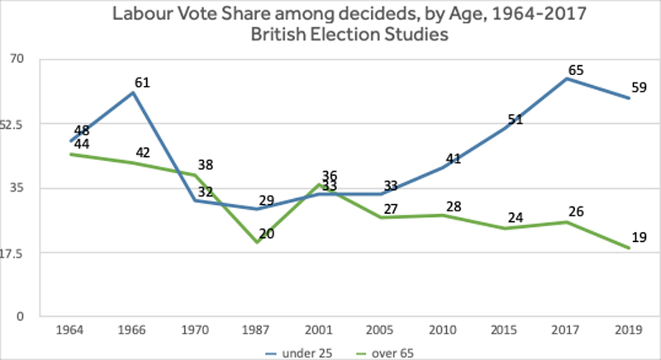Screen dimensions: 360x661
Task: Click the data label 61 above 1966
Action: tap(144, 83)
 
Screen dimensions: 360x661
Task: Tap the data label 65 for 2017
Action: tap(577, 70)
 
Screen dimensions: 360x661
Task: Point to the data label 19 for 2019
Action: tap(639, 239)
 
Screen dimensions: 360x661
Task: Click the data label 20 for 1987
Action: tap(267, 234)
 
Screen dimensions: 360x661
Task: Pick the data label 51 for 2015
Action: tap(515, 120)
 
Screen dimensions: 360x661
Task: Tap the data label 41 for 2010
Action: tap(453, 159)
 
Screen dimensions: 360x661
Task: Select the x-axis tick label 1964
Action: tap(72, 330)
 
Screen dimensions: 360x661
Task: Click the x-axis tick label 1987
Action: tap(258, 330)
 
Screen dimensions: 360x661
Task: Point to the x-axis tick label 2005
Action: tap(382, 330)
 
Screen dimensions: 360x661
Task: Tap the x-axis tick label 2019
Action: tap(630, 330)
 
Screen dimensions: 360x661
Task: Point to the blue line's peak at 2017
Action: tap(568, 78)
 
